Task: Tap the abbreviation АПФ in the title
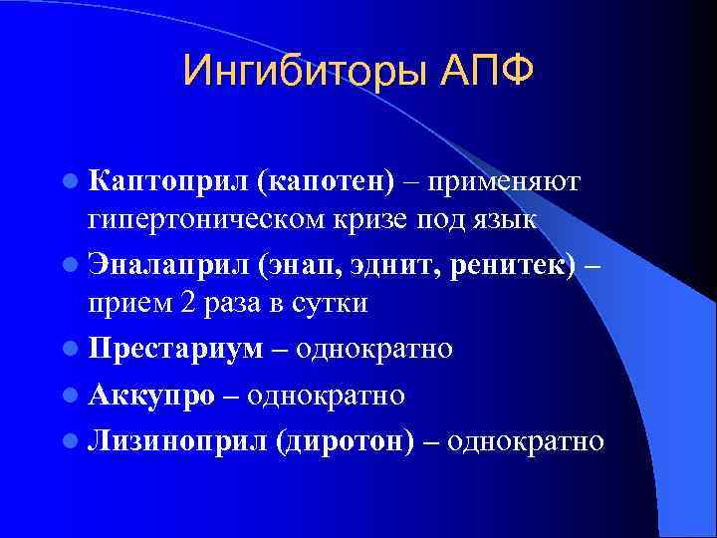pyautogui.click(x=486, y=71)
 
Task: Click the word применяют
pyautogui.click(x=504, y=181)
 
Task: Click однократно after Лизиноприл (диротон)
pyautogui.click(x=525, y=440)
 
